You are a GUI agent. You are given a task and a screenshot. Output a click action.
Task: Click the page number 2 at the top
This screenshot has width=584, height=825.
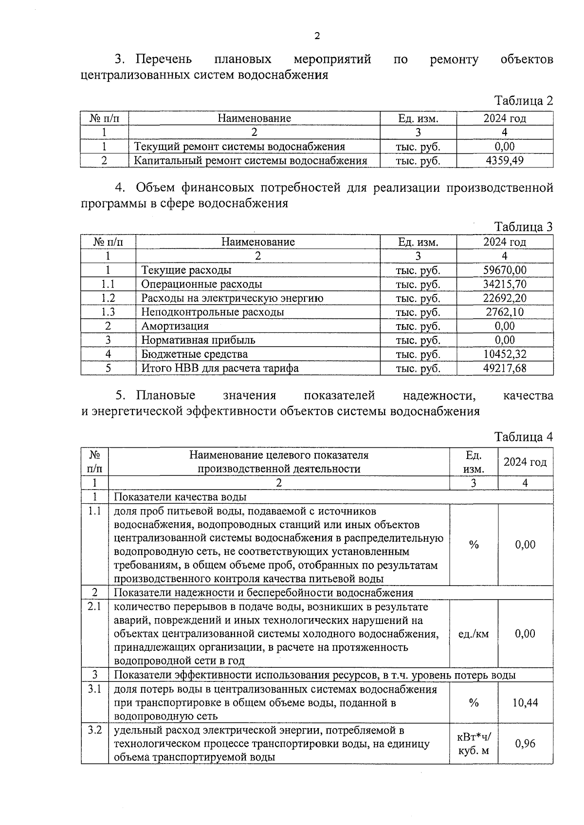click(x=317, y=36)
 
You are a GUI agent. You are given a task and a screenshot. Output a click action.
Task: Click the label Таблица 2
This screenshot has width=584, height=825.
click(x=524, y=101)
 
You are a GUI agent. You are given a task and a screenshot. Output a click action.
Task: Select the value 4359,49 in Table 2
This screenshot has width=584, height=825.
click(x=505, y=161)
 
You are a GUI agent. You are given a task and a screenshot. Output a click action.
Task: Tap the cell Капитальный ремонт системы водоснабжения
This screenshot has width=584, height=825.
click(x=250, y=161)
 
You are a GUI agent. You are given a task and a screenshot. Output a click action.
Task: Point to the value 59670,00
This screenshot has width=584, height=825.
click(x=505, y=270)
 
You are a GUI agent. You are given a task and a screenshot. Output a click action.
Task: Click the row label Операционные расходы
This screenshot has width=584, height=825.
click(x=201, y=284)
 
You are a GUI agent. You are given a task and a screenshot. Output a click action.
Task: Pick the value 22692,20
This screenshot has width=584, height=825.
click(x=505, y=298)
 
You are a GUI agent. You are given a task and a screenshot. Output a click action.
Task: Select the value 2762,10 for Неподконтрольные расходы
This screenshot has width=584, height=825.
click(x=505, y=312)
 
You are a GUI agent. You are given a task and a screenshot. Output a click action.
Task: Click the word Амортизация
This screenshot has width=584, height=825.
click(x=175, y=326)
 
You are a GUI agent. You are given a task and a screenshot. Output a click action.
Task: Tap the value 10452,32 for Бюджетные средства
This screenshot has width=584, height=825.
click(x=505, y=354)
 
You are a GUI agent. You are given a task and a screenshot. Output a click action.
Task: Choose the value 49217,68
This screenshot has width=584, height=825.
click(x=505, y=368)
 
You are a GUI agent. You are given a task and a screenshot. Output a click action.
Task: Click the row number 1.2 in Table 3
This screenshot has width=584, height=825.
click(x=108, y=298)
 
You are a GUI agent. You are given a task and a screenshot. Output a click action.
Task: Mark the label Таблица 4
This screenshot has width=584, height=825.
click(x=524, y=437)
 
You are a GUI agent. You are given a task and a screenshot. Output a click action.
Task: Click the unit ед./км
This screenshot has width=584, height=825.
click(x=474, y=634)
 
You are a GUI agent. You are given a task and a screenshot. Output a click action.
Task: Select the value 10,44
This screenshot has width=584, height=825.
click(x=525, y=702)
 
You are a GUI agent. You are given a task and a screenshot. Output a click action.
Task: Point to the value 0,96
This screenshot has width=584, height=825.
click(x=525, y=743)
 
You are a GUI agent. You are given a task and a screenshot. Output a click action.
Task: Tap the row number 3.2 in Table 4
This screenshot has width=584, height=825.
click(x=94, y=730)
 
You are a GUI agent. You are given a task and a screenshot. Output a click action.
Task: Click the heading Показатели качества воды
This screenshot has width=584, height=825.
click(x=180, y=497)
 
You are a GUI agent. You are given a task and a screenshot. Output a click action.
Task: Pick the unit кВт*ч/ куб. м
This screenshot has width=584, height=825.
click(x=474, y=744)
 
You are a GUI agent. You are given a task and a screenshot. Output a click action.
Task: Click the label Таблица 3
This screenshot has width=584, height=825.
click(x=524, y=227)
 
